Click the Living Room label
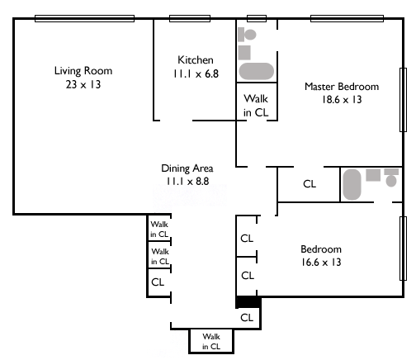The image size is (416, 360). point(83,71)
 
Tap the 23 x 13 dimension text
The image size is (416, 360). point(83,84)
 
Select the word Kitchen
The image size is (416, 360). point(196,59)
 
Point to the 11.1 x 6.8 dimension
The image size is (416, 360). point(196,73)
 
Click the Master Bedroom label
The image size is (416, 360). point(342,87)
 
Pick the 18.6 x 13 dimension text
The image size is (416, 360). point(342,99)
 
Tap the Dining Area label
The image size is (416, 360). point(187,168)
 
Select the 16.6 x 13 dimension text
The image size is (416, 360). point(321,262)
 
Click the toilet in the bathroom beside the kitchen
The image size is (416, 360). point(247,35)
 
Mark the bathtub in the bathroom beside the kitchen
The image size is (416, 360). point(257,71)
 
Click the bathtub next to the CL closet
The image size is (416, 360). point(352,184)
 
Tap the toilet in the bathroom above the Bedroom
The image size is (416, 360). point(391,178)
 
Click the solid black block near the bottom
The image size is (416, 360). point(248,302)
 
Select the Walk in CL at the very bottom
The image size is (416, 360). point(211,341)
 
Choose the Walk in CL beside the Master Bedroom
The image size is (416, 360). point(256,106)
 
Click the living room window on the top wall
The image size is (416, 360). point(84,18)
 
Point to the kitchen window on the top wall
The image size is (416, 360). point(190,18)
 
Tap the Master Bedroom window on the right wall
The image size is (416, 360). point(403,100)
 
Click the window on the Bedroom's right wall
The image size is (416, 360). point(403,249)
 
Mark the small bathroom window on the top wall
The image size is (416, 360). point(257,18)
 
